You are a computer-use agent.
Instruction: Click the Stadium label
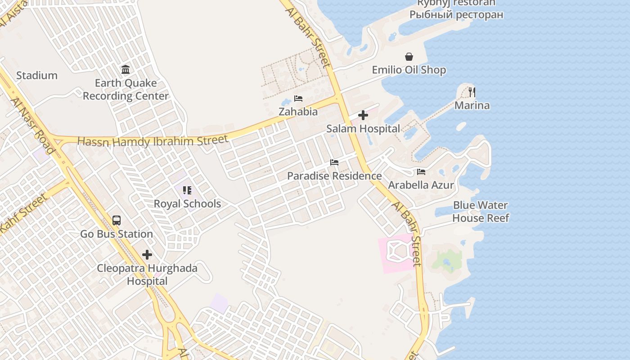point(37,75)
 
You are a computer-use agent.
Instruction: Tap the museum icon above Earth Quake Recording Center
point(126,70)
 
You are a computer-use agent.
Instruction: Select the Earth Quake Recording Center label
point(126,90)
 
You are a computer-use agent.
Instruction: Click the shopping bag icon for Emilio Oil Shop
point(409,57)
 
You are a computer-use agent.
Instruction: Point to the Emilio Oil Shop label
point(409,70)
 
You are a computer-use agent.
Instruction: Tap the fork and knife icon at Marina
point(472,92)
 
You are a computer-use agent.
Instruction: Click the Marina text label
point(472,105)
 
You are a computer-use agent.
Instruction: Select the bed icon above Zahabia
point(298,99)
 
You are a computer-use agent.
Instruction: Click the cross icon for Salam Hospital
point(363,116)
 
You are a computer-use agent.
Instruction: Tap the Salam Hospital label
point(363,129)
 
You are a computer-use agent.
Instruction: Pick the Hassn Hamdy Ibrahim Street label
point(153,141)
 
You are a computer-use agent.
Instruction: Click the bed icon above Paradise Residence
point(334,162)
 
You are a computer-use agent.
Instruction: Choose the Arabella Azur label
point(421,185)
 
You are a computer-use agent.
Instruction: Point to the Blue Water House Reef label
point(480,211)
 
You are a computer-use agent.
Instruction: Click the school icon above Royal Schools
point(187,190)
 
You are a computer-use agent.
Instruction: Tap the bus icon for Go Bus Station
point(117,220)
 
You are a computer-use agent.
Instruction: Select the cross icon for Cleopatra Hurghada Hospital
point(147,255)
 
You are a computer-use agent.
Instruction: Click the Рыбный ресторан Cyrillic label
point(456,14)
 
